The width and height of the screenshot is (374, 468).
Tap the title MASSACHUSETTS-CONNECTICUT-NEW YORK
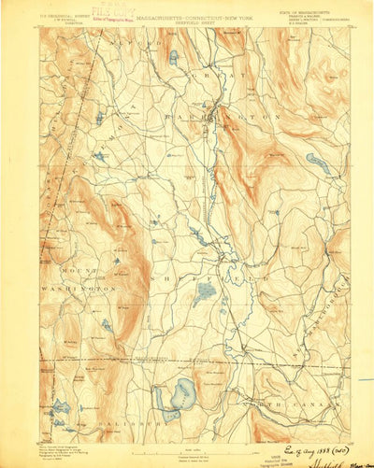point(187,12)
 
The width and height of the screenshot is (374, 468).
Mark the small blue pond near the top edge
point(173,57)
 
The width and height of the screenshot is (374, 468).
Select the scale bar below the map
point(187,447)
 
